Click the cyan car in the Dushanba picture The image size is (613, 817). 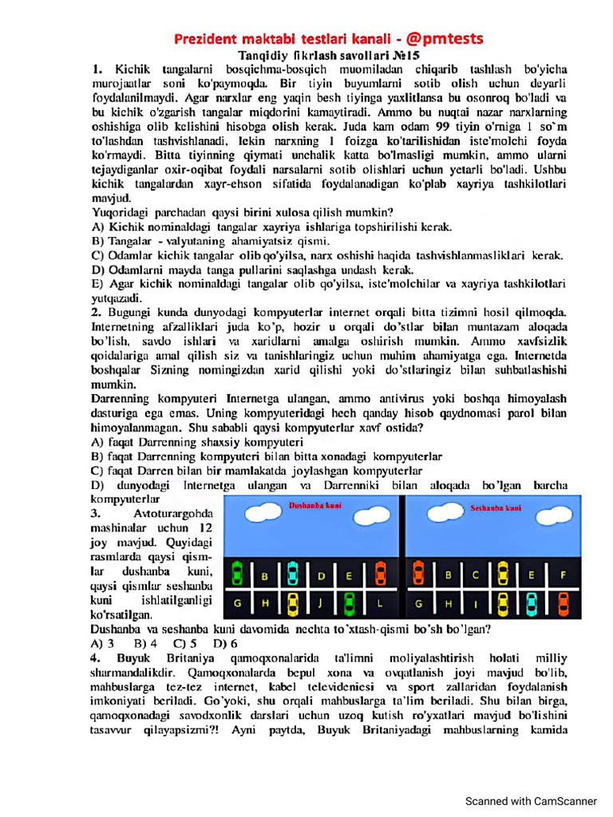pyautogui.click(x=293, y=573)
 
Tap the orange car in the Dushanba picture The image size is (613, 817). pyautogui.click(x=381, y=573)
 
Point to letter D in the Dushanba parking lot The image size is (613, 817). pyautogui.click(x=322, y=574)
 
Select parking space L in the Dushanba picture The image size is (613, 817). pyautogui.click(x=381, y=602)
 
